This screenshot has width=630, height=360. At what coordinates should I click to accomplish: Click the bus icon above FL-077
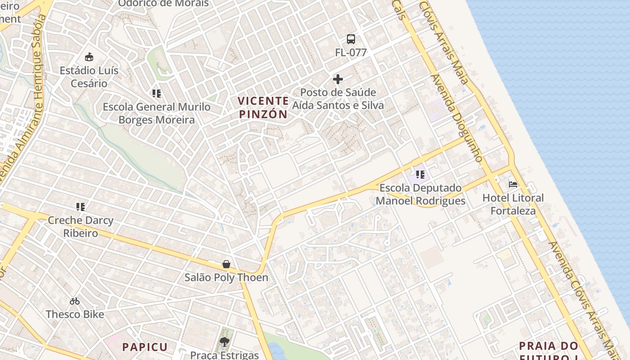351,39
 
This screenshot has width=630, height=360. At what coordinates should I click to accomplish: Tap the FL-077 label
351,53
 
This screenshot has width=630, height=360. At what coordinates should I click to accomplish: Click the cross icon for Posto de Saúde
338,80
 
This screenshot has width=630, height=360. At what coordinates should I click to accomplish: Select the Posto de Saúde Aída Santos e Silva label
338,99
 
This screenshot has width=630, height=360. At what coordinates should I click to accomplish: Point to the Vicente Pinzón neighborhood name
263,108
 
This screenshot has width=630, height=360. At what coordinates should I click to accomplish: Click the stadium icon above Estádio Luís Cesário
89,57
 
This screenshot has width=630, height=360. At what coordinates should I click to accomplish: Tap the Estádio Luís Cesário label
89,77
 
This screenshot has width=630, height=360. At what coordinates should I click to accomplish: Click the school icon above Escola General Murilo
157,94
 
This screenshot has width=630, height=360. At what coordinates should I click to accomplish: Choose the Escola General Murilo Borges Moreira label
157,113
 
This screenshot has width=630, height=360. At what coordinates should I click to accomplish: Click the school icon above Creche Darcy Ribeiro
81,207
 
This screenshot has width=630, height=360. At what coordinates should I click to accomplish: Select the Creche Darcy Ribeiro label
81,227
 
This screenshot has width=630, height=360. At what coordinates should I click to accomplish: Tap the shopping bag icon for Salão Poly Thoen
226,264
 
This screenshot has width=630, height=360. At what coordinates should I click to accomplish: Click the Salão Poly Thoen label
226,278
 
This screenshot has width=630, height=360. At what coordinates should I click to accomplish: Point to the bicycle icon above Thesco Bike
75,301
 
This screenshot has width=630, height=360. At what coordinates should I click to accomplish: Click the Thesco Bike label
75,315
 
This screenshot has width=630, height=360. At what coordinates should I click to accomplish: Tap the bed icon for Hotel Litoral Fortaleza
513,184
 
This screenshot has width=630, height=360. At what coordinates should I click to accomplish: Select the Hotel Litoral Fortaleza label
513,204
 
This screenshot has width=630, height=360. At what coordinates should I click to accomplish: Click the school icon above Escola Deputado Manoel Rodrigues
420,174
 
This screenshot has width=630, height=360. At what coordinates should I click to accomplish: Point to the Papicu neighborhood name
145,347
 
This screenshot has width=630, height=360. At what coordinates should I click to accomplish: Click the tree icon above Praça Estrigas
225,342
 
